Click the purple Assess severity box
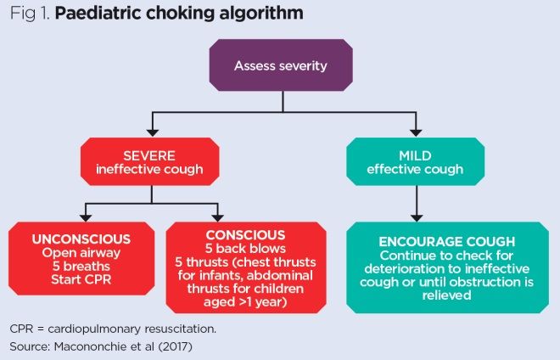coord(281,65)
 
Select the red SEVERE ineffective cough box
coord(152,160)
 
